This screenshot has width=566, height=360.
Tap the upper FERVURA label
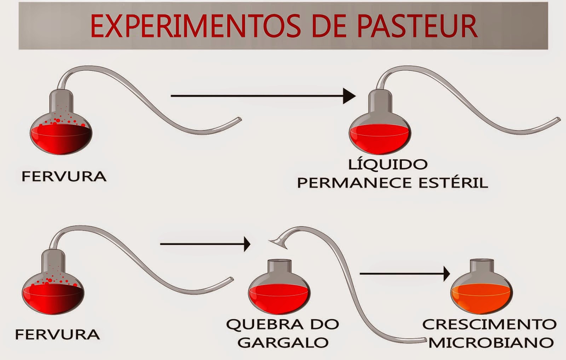(64, 176)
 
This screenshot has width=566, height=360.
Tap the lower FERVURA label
(57, 334)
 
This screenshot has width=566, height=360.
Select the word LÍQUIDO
(388, 164)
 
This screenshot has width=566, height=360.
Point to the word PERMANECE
(355, 183)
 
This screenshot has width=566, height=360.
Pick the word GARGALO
(283, 342)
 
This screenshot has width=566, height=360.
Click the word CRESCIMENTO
(489, 324)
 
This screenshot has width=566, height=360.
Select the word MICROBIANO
(491, 342)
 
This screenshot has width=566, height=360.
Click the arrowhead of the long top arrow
(349, 96)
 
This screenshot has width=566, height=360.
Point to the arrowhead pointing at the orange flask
(446, 274)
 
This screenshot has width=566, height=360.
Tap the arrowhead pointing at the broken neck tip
(247, 244)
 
